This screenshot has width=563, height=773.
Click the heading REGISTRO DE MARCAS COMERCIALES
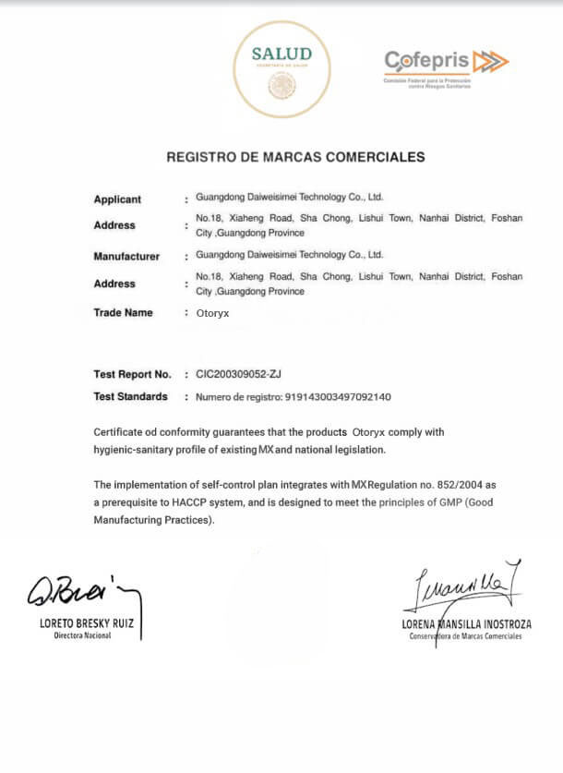tap(295, 157)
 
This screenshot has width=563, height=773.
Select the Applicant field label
tap(117, 199)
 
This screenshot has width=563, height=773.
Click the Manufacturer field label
tap(126, 257)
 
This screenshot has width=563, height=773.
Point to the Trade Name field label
tap(123, 313)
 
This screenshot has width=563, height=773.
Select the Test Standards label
tap(130, 397)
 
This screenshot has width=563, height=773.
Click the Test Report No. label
tap(133, 375)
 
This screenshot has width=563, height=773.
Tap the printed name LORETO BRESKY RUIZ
tap(86, 624)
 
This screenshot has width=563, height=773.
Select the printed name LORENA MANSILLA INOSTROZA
tap(465, 624)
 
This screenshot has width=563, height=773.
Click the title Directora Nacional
tap(82, 637)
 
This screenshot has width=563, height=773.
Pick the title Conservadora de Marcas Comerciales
tap(465, 636)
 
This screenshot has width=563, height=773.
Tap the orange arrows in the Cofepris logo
tap(489, 61)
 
